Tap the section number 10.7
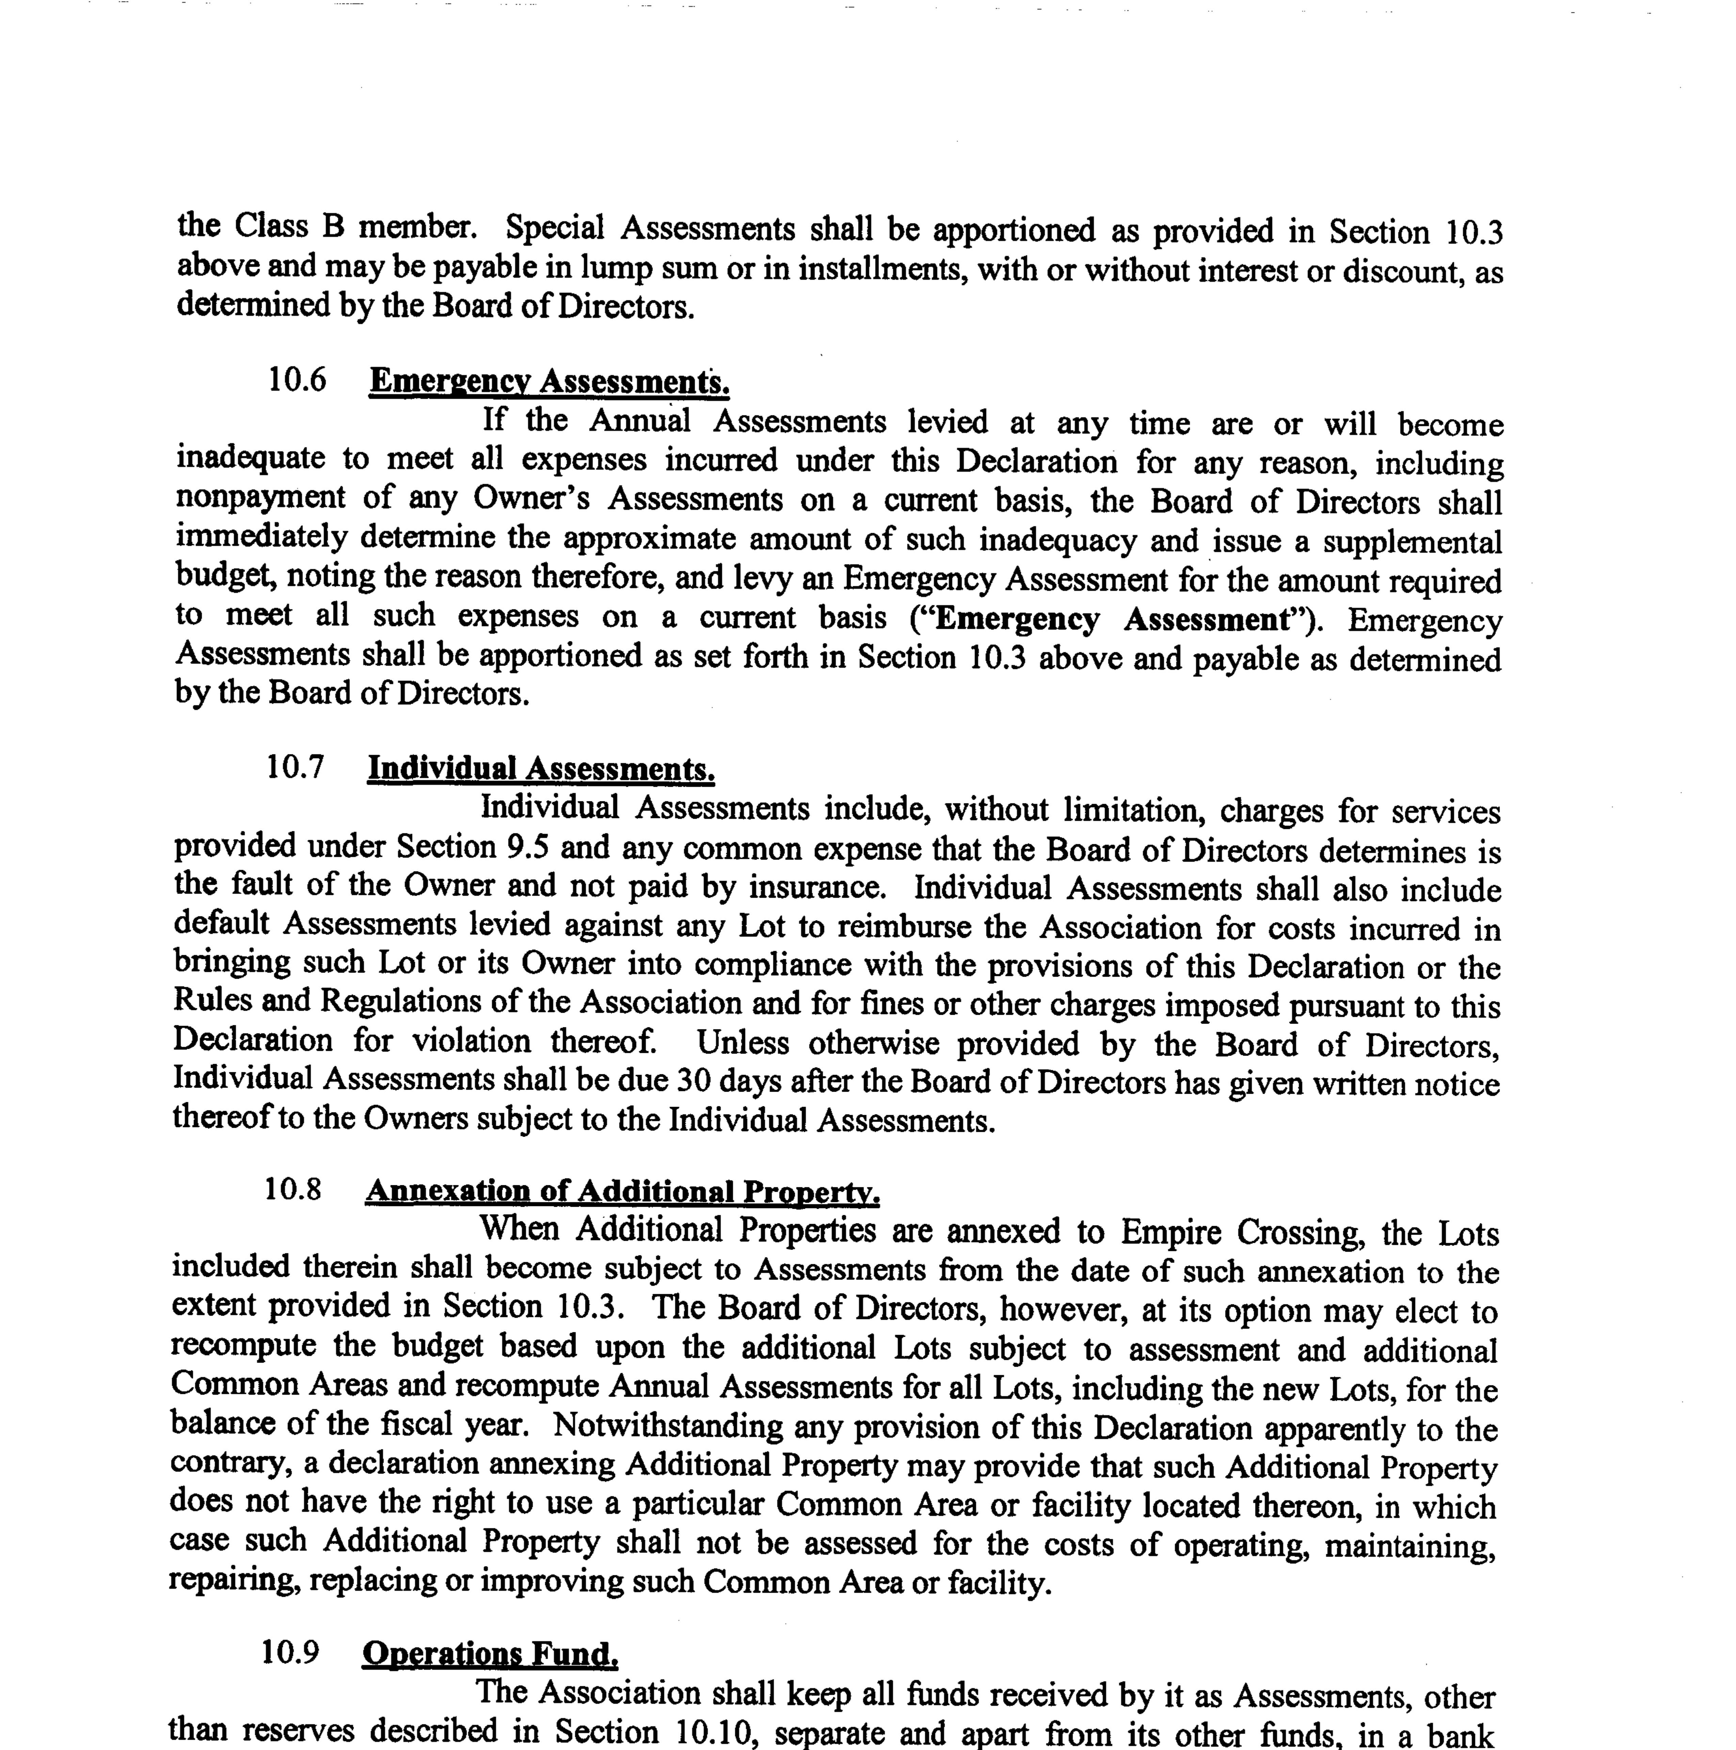tap(294, 767)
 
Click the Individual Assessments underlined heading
tap(541, 769)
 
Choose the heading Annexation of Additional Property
tap(622, 1191)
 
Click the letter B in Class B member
tap(333, 226)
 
